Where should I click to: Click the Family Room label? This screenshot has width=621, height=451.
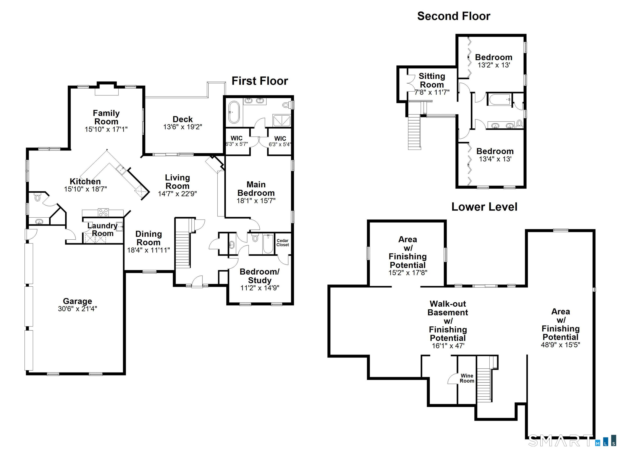[x=106, y=117]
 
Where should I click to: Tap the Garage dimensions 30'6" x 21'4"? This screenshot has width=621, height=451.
[x=77, y=309]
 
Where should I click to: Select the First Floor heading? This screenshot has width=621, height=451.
[x=260, y=81]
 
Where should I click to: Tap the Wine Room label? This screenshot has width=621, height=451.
[x=467, y=378]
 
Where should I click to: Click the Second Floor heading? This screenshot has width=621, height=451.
[x=453, y=16]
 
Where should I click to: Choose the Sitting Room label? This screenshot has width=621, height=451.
[x=432, y=80]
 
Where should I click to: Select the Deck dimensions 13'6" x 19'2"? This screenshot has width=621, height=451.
[x=183, y=127]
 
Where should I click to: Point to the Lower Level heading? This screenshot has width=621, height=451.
[x=484, y=207]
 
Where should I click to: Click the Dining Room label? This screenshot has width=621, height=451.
[x=148, y=238]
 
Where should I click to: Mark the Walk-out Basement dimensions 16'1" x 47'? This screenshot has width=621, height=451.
[x=448, y=346]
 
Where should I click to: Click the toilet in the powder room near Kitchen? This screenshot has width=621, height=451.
[x=38, y=197]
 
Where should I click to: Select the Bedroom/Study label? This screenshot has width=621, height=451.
[x=259, y=276]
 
